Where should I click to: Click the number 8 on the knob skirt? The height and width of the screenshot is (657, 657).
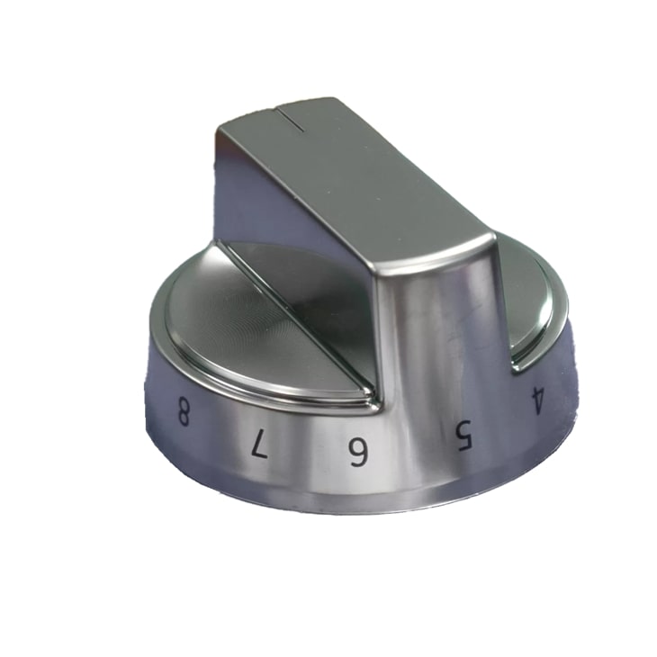[183, 416]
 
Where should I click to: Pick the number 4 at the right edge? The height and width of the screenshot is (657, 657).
[537, 398]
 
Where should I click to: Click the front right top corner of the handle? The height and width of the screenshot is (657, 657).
[490, 238]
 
